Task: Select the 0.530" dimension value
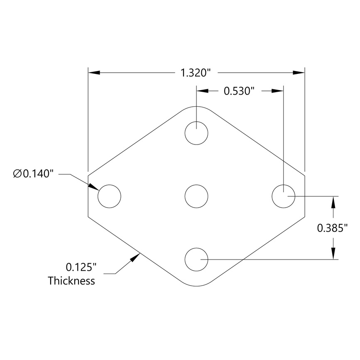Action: (x=239, y=91)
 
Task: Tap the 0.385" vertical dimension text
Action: (x=332, y=228)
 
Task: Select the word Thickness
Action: (x=71, y=281)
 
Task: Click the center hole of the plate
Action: (x=196, y=196)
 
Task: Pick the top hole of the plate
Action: (x=196, y=133)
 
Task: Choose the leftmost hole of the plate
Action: (x=109, y=196)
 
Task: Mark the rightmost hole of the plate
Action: (x=283, y=196)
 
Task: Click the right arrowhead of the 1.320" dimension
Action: (x=299, y=73)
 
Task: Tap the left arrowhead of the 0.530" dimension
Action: (x=203, y=91)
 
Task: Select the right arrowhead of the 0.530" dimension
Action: (x=277, y=91)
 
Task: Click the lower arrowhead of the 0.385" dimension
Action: (x=333, y=254)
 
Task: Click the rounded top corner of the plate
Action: (x=196, y=107)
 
